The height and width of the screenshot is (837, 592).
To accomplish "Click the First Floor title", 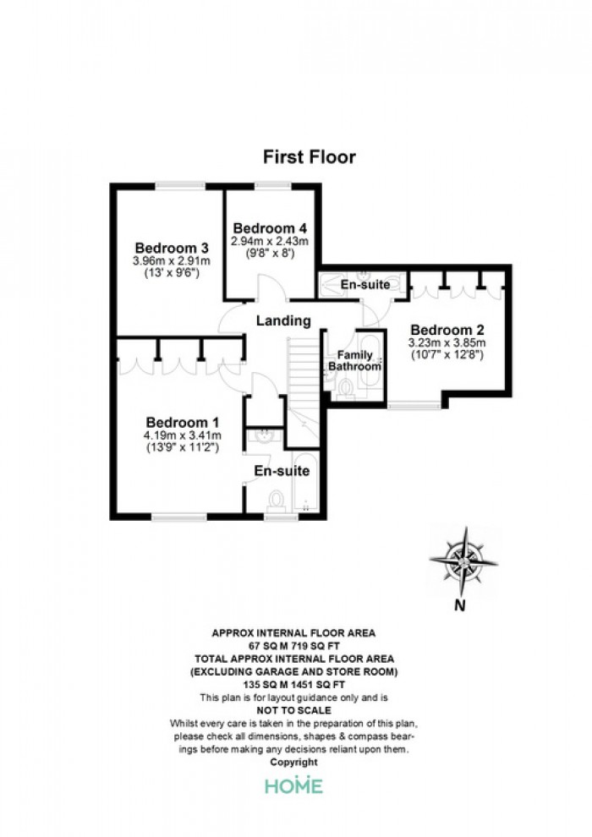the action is click(x=309, y=157).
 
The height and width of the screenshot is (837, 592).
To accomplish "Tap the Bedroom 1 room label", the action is click(x=183, y=422).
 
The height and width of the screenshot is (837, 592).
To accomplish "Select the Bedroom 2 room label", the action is click(x=447, y=330).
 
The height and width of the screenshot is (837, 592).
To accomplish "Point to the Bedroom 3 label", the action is click(x=172, y=248).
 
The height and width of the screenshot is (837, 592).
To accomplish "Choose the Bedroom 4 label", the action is click(x=270, y=228).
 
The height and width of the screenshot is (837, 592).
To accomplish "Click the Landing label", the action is click(x=283, y=320).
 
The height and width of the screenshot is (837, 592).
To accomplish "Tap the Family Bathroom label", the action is click(x=355, y=361).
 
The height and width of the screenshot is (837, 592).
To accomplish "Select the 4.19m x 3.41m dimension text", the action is click(x=183, y=435).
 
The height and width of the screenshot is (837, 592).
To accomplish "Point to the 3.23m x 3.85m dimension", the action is click(x=447, y=342).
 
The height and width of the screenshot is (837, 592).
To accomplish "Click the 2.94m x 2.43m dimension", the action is click(x=270, y=241).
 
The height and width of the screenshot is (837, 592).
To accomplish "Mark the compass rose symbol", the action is click(x=464, y=561).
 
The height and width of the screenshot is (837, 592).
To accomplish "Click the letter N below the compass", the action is click(x=459, y=605).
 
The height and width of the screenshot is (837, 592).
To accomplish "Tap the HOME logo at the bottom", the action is click(x=294, y=785).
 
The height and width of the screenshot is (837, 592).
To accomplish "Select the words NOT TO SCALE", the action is click(x=294, y=710).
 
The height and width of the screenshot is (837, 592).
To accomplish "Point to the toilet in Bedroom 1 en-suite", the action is click(x=277, y=501).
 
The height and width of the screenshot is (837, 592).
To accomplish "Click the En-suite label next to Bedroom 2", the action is click(x=365, y=285).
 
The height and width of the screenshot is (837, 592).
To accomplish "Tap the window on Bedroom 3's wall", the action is click(x=180, y=186).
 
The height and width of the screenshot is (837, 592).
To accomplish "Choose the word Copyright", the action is click(x=294, y=763).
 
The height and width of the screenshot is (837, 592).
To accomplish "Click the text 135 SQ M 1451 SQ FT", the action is click(x=294, y=684).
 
